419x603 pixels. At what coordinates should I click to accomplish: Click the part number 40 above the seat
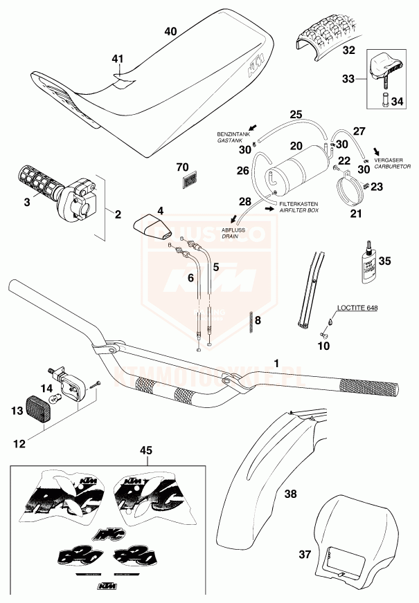(171, 32)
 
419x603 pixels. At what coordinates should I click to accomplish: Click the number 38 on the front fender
(291, 494)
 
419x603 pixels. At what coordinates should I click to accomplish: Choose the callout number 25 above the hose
(296, 113)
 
